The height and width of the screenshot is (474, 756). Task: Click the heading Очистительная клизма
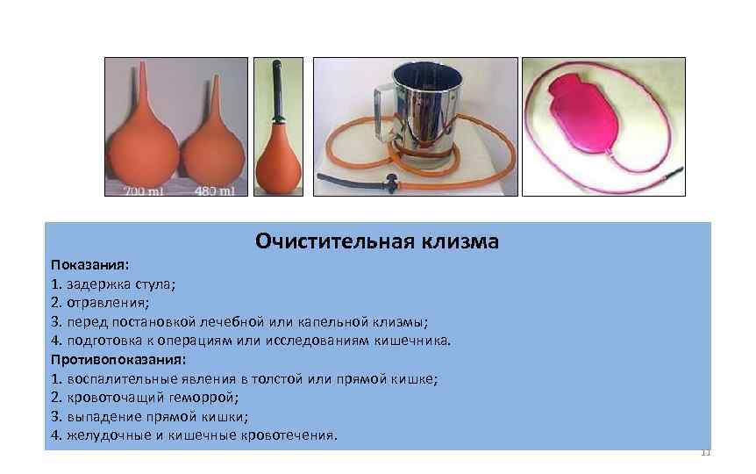coord(377,240)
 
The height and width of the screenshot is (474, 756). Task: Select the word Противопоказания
coord(118,359)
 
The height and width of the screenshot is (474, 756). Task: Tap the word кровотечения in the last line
coord(290,435)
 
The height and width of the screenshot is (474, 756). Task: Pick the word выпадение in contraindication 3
coord(100,416)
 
